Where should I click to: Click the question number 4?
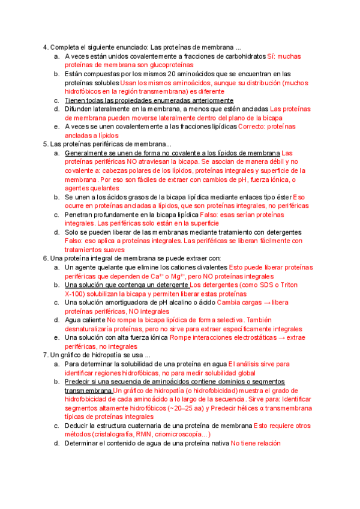(45, 48)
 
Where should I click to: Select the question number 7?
(45, 356)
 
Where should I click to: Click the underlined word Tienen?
(76, 100)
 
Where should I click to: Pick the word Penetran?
(80, 214)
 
